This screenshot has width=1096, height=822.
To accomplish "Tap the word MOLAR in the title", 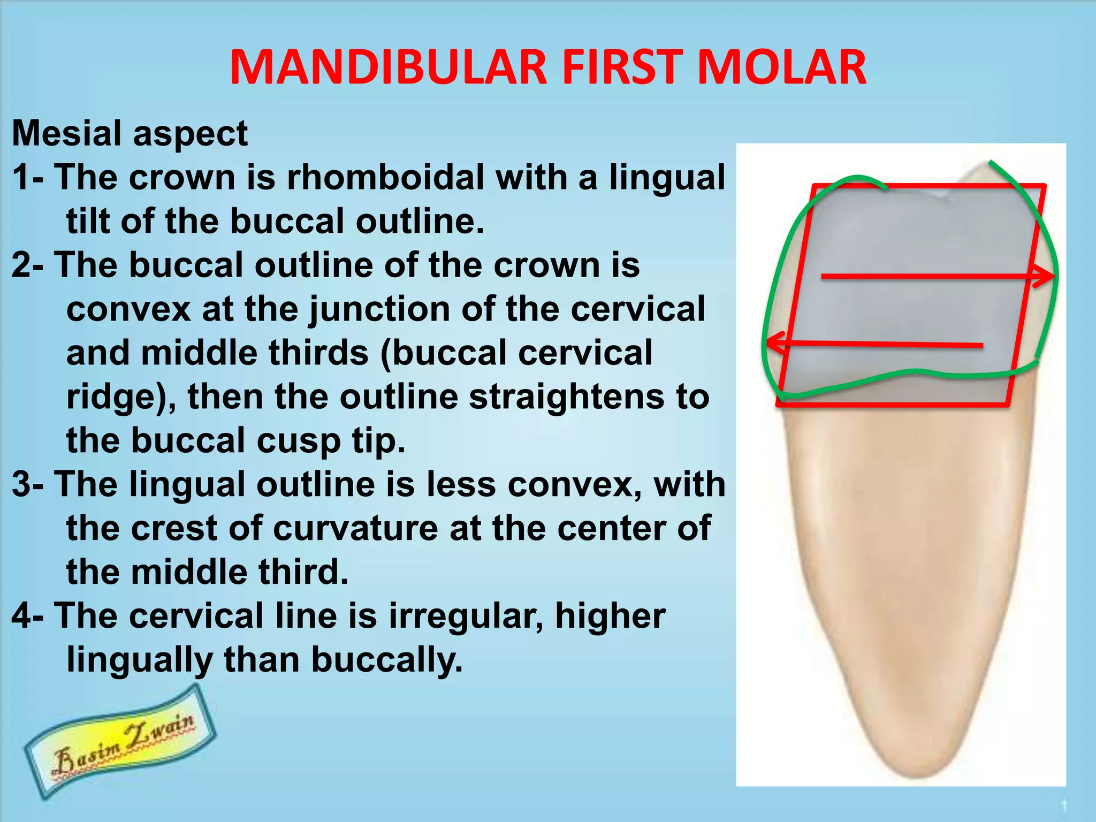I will tap(782, 68).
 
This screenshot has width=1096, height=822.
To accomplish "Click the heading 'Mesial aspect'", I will tap(130, 133).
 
